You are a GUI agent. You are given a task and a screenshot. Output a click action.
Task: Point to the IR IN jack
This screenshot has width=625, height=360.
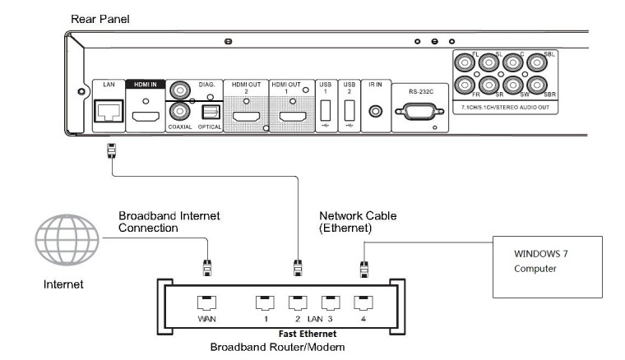(376, 109)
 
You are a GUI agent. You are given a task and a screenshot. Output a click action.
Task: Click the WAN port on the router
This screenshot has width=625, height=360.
(206, 302)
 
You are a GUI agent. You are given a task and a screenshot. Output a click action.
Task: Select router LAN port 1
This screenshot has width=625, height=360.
(264, 302)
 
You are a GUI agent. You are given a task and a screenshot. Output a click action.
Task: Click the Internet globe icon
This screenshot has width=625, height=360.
(65, 242)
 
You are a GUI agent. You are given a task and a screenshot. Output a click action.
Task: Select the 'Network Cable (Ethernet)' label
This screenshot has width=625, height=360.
(357, 222)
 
